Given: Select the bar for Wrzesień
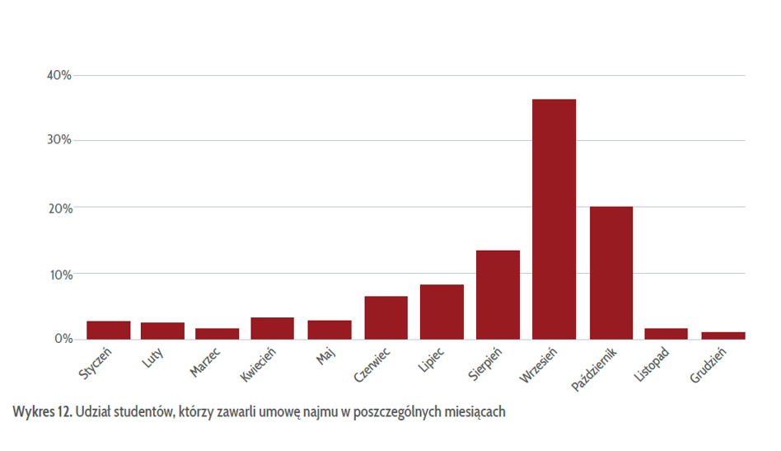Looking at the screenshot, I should click(554, 219).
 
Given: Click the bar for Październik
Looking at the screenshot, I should click(610, 273).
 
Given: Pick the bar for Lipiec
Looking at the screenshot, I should click(442, 312).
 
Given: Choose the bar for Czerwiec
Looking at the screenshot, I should click(386, 317).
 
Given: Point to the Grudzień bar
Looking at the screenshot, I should click(723, 336).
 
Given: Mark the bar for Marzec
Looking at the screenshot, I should click(217, 334).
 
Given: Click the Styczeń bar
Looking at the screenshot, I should click(108, 330).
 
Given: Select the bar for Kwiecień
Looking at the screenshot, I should click(273, 328).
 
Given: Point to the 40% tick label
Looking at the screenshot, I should click(59, 75).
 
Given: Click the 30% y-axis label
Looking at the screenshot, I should click(59, 140).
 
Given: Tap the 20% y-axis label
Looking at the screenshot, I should click(59, 208).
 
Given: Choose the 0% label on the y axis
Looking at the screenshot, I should click(63, 339).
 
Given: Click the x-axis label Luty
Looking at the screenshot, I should click(152, 360).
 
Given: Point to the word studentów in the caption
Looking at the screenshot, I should click(145, 411).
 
